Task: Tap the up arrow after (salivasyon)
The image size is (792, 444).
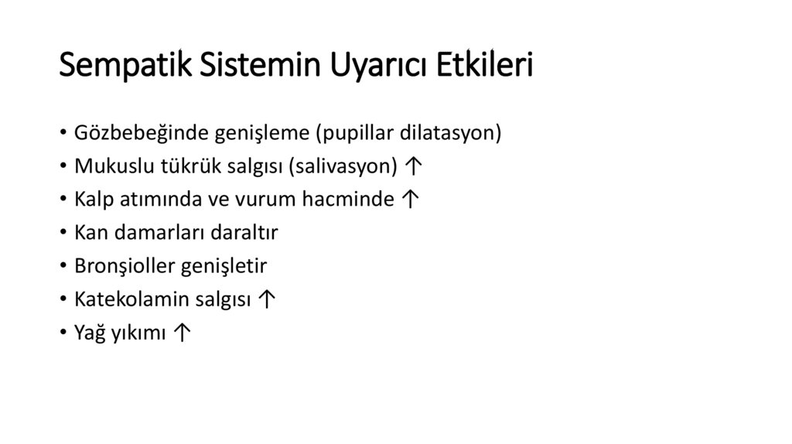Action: point(414,166)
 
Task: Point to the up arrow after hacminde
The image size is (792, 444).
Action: point(411,200)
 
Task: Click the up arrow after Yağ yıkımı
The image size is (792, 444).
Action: point(183,333)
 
